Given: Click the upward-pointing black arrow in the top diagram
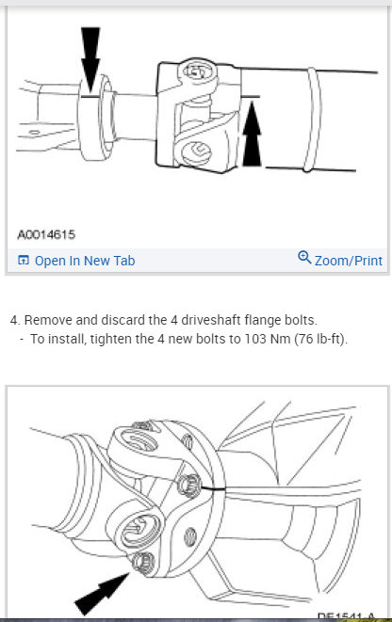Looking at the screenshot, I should pos(252,138).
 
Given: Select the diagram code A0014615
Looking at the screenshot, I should pos(46,233).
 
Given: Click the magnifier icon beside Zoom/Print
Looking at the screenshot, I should pos(304,258).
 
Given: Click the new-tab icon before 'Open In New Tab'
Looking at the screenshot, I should pos(24,261).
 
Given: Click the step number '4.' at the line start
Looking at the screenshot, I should pos(15,320).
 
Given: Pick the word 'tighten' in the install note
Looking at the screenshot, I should pos(104,339).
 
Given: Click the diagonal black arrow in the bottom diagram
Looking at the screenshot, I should pos(104,592).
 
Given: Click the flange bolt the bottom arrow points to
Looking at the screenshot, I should pos(144,564).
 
